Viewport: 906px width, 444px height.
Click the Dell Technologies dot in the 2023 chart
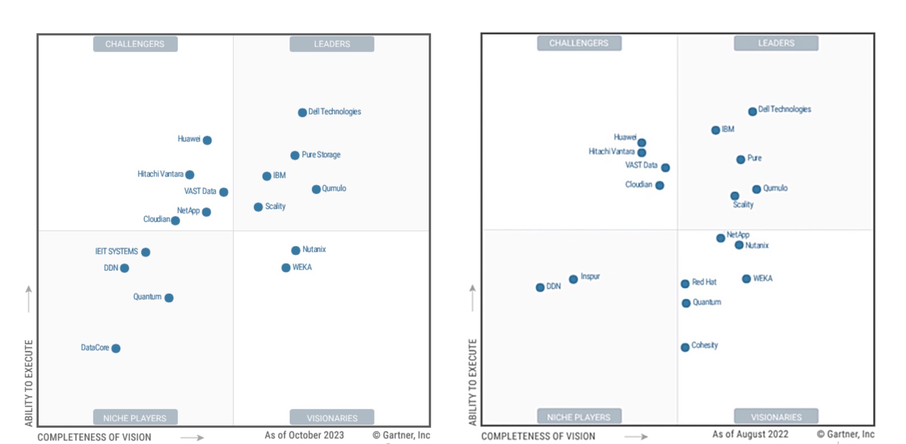click(x=302, y=112)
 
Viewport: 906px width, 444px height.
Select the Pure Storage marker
click(x=295, y=155)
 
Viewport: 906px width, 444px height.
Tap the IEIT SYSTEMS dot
click(x=145, y=252)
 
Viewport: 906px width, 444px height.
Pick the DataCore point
click(x=116, y=348)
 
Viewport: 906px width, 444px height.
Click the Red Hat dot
click(x=685, y=284)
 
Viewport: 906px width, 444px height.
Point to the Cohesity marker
click(x=685, y=347)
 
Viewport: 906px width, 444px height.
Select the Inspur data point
click(x=573, y=279)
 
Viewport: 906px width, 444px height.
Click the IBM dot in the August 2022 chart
click(x=716, y=130)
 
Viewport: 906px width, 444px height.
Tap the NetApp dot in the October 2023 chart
click(x=207, y=212)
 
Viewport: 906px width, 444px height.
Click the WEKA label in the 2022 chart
click(x=763, y=278)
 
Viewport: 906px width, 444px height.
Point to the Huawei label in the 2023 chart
click(x=189, y=139)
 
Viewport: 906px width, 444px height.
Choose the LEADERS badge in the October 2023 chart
click(x=332, y=44)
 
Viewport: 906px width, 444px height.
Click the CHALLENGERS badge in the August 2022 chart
click(x=579, y=43)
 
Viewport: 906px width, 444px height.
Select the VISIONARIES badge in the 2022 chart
click(x=776, y=417)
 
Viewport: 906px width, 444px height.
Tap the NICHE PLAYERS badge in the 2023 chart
click(x=135, y=418)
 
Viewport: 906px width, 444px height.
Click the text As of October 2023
click(x=304, y=435)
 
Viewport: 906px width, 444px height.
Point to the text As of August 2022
click(x=750, y=434)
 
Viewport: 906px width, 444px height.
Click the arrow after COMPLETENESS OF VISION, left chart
click(x=192, y=437)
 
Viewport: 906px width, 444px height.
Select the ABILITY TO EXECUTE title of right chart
click(x=473, y=382)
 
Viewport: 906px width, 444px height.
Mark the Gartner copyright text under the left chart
click(x=401, y=435)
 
